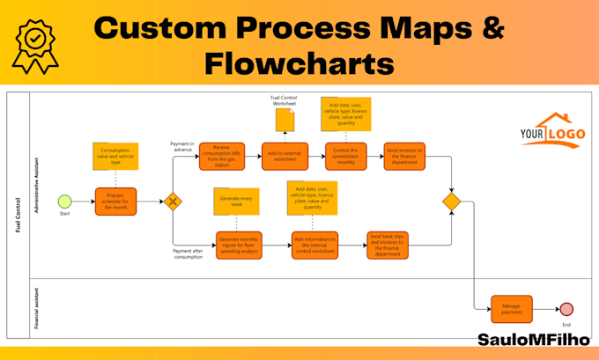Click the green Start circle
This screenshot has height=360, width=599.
[64, 202]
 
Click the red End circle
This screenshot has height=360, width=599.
[566, 309]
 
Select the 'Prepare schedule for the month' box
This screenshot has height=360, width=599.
[116, 202]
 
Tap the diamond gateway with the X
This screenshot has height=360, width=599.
[173, 202]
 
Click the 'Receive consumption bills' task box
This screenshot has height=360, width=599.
[221, 156]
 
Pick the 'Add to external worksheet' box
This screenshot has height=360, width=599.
[284, 156]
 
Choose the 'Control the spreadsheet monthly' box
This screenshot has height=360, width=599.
[345, 156]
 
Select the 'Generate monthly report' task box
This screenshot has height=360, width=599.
[240, 245]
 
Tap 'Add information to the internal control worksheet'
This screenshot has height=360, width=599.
[314, 245]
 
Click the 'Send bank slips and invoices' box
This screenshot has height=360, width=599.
[389, 245]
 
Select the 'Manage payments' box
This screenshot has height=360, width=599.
[511, 309]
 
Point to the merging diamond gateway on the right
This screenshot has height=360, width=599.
[452, 202]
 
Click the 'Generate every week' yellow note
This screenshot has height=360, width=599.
[235, 202]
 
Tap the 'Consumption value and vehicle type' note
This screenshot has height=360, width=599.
[115, 156]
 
